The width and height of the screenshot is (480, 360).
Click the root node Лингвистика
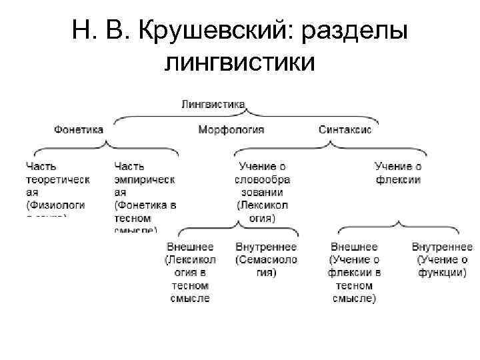[x=213, y=104]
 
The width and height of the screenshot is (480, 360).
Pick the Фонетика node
[x=79, y=129]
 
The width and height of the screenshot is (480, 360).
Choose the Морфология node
[x=231, y=129]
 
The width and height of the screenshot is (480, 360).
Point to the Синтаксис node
[x=345, y=129]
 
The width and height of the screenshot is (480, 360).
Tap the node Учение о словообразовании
[x=263, y=191]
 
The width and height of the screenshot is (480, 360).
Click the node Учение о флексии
[x=398, y=173]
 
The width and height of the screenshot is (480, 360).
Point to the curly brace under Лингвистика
[x=247, y=116]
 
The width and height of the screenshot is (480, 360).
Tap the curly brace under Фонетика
[x=103, y=147]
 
